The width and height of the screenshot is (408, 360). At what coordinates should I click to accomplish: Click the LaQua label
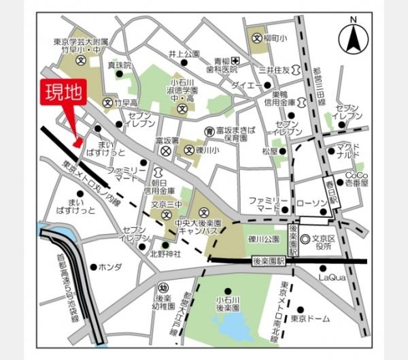333,276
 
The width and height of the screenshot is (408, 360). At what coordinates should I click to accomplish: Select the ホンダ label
110,266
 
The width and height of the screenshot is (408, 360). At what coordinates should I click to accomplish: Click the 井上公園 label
184,54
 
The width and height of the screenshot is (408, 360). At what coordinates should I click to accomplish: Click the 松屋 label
259,151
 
